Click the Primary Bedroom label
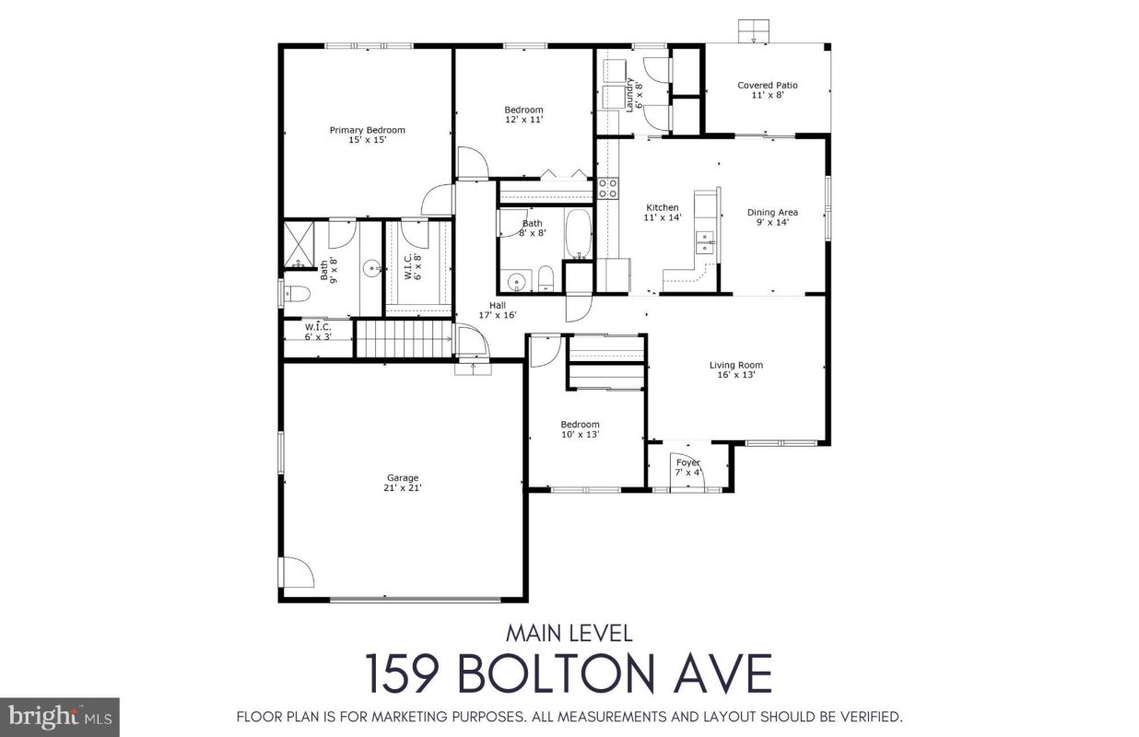click(367, 130)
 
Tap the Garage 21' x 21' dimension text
click(403, 488)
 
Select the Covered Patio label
click(768, 86)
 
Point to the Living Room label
click(735, 365)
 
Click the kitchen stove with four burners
click(607, 188)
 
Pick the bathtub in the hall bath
click(579, 234)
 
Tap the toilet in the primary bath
click(297, 293)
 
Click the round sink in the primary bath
click(371, 267)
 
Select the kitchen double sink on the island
click(705, 242)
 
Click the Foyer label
click(688, 462)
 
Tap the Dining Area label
click(772, 213)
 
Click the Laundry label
click(629, 95)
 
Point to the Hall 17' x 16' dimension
click(498, 315)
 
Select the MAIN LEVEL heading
click(569, 634)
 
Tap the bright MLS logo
click(60, 717)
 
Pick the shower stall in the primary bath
click(299, 244)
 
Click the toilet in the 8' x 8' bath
click(546, 278)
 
